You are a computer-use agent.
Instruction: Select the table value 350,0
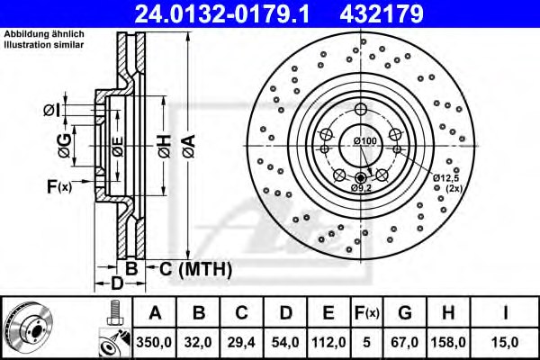(155, 342)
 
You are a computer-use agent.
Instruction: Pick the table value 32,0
(198, 342)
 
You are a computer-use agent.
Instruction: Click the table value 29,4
(240, 342)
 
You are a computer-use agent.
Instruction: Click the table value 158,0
(448, 342)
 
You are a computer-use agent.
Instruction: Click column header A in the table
(155, 312)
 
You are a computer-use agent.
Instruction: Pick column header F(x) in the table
(366, 312)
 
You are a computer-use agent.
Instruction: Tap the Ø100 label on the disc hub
(364, 142)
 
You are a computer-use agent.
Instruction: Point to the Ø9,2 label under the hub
(360, 189)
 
